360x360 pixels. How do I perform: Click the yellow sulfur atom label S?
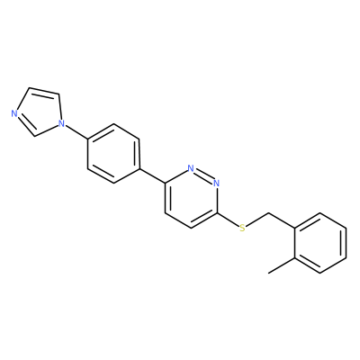tap(242, 228)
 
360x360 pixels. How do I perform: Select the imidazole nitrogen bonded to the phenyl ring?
tap(61, 123)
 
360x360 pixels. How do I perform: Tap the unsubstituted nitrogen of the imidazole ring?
tap(13, 113)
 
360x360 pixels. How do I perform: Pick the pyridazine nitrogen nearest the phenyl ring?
tap(191, 167)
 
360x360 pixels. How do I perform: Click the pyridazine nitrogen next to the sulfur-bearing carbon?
tap(217, 183)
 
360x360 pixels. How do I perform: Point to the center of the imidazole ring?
tap(39, 112)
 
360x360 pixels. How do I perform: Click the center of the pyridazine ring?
tap(191, 198)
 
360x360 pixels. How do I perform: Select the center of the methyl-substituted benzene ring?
tap(320, 243)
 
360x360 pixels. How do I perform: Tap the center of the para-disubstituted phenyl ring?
tap(113, 153)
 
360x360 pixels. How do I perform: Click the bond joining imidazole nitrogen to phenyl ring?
tap(75, 130)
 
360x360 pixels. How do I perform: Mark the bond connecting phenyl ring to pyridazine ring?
tap(152, 175)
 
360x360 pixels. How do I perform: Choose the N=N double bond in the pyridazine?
tap(203, 175)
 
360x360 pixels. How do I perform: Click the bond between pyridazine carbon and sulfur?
tap(228, 220)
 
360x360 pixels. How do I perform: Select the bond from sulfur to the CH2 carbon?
tap(256, 220)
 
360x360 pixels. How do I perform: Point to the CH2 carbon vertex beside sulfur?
tap(268, 213)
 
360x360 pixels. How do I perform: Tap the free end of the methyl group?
tap(268, 273)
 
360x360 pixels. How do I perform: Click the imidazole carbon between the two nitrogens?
tap(35, 137)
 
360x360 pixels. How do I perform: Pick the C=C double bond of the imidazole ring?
tap(44, 91)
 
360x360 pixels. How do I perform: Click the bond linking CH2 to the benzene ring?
tap(282, 220)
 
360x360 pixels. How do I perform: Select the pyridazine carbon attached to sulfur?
tap(217, 213)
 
